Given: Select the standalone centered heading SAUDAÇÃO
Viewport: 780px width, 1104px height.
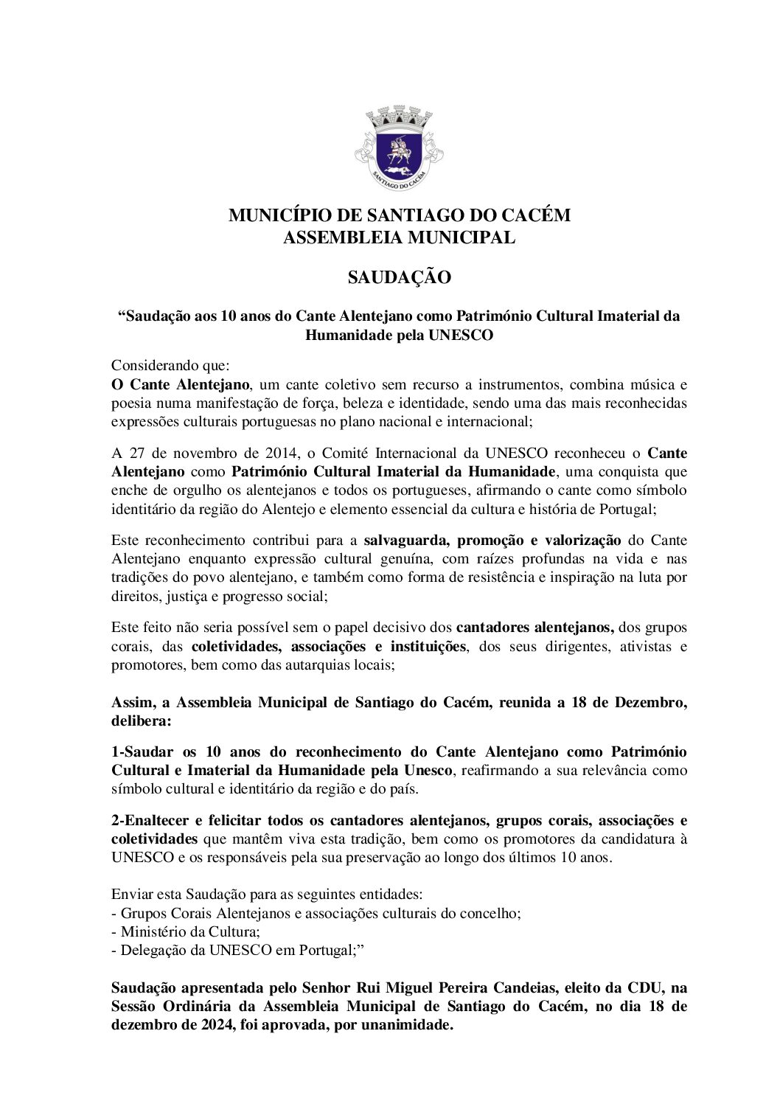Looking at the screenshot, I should (x=399, y=278).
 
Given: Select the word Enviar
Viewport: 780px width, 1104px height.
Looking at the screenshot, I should (x=128, y=895).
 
